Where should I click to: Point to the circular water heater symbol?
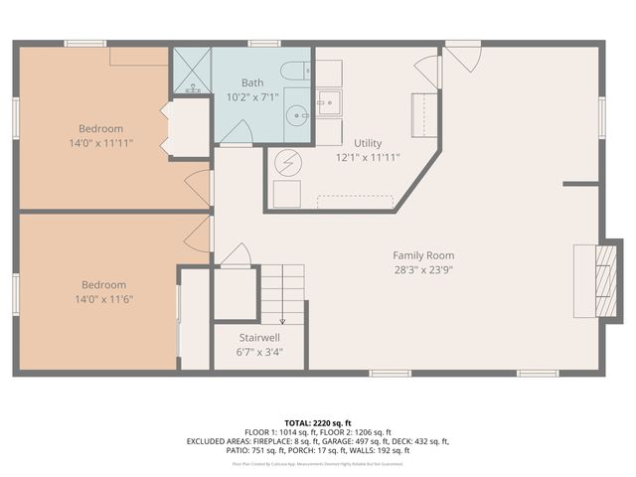click(x=285, y=160)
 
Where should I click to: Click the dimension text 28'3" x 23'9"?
click(x=422, y=270)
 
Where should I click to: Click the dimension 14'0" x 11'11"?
click(x=101, y=143)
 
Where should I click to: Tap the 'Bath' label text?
click(x=251, y=82)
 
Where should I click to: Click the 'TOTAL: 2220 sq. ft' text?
click(x=317, y=422)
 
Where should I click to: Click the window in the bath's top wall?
click(x=262, y=43)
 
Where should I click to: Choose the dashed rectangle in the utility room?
click(x=355, y=201)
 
